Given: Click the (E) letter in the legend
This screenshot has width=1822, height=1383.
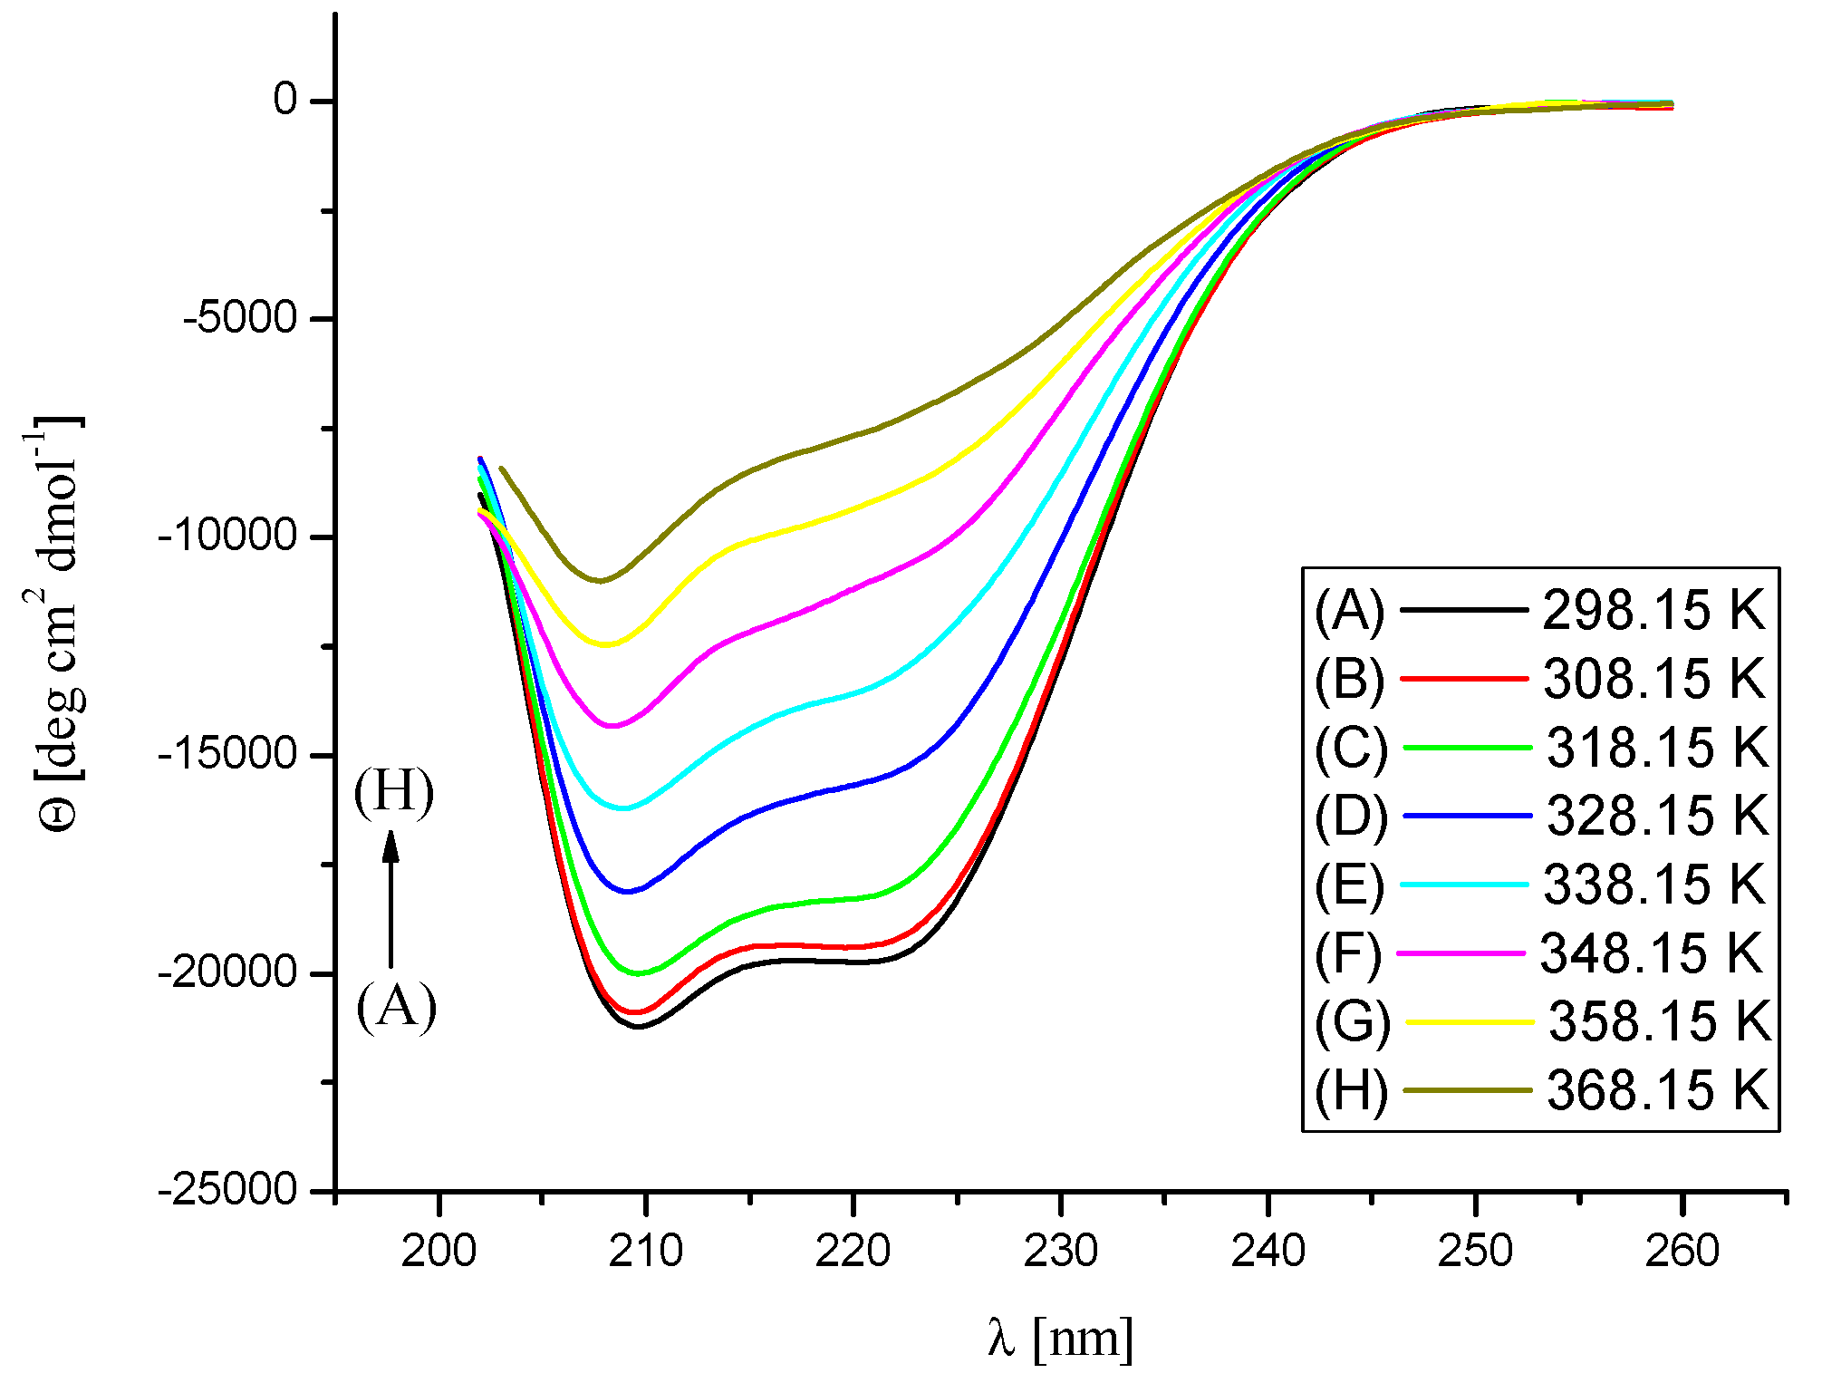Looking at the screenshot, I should tap(1349, 885).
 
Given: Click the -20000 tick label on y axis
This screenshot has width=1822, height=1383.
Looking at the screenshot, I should tap(227, 973).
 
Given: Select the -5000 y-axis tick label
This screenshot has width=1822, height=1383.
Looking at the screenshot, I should tap(240, 319).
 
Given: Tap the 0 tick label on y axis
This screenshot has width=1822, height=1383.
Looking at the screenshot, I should tap(285, 100).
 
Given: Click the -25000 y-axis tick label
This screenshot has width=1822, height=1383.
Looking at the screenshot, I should tap(227, 1191).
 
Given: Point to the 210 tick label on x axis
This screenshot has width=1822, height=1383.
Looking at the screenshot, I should tap(645, 1252).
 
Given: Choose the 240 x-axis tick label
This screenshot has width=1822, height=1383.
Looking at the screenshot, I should tap(1268, 1252).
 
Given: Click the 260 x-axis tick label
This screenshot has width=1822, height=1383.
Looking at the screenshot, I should tap(1682, 1252).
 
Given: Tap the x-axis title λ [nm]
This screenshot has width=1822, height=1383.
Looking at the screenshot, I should tap(1060, 1337).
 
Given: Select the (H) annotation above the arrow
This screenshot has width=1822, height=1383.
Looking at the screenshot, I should tap(394, 791).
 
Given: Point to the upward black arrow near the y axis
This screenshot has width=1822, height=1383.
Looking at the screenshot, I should tap(391, 897).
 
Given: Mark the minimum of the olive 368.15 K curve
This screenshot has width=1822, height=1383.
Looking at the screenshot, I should tap(600, 581).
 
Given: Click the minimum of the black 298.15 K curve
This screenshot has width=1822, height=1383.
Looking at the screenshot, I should tap(639, 1027).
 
